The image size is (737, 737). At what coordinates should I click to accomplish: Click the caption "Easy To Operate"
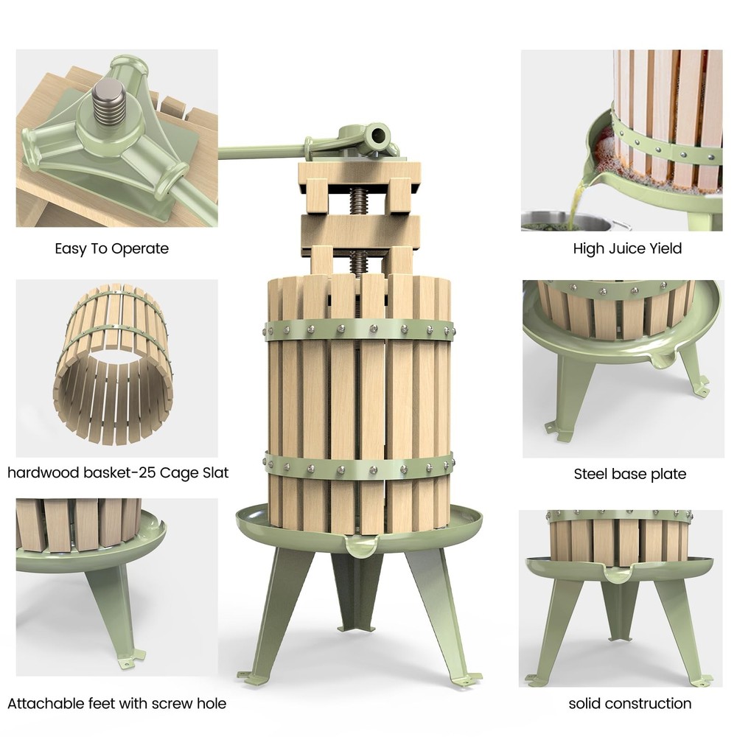pyautogui.click(x=111, y=248)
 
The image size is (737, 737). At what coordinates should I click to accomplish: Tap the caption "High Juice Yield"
pyautogui.click(x=627, y=248)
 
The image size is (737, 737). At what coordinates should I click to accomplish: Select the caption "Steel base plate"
pyautogui.click(x=630, y=474)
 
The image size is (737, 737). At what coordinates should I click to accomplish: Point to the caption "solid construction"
pyautogui.click(x=630, y=703)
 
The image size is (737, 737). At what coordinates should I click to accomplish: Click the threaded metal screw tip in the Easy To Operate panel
pyautogui.click(x=109, y=105)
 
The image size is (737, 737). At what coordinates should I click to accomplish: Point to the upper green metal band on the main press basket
pyautogui.click(x=359, y=329)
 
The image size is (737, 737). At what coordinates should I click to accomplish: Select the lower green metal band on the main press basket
pyautogui.click(x=359, y=468)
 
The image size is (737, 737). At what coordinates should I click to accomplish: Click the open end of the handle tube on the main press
pyautogui.click(x=378, y=136)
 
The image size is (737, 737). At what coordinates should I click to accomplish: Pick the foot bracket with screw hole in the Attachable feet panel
pyautogui.click(x=132, y=657)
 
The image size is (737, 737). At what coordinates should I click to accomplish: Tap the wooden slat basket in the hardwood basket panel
pyautogui.click(x=113, y=364)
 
